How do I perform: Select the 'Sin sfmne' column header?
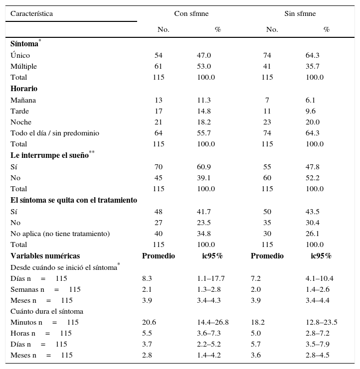pos(300,13)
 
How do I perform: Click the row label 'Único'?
pos(20,55)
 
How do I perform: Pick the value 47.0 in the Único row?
pos(203,55)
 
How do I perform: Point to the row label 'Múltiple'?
pos(23,66)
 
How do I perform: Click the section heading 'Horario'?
pos(24,89)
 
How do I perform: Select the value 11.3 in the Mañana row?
pos(203,100)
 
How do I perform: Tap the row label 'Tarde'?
pos(19,111)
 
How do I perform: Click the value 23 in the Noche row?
pos(267,122)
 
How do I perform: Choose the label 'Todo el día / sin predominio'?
pos(55,133)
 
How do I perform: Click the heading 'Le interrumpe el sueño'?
pos(49,155)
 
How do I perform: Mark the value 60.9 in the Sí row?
pos(203,167)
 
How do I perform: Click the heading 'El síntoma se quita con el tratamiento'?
pos(74,200)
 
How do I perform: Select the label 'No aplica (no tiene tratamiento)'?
pos(60,234)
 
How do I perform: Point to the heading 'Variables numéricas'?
pos(45,256)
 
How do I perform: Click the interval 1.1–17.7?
pos(210,278)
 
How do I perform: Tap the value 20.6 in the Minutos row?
pos(149,322)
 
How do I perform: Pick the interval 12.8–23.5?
pos(321,322)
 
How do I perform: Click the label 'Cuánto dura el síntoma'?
pos(47,311)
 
